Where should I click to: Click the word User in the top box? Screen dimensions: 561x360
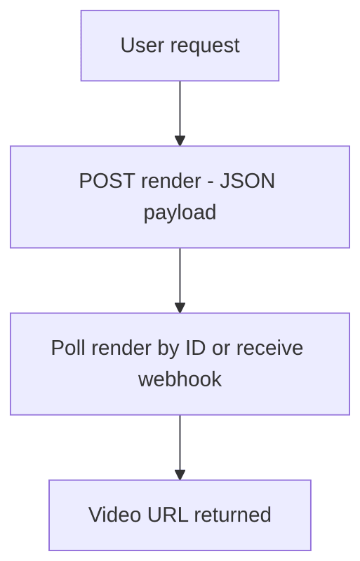tap(136, 46)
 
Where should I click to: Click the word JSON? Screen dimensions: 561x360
tap(247, 181)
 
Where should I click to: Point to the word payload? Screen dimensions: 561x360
tap(180, 212)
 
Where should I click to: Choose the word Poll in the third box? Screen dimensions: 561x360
tap(67, 348)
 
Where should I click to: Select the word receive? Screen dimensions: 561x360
tap(269, 348)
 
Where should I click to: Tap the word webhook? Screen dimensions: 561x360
tap(180, 379)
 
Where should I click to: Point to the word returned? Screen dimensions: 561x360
tap(232, 515)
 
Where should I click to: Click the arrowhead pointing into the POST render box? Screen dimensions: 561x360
tap(180, 140)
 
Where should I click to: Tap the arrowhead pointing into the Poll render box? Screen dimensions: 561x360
tap(180, 307)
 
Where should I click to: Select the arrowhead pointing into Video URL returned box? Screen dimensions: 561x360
tap(180, 474)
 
